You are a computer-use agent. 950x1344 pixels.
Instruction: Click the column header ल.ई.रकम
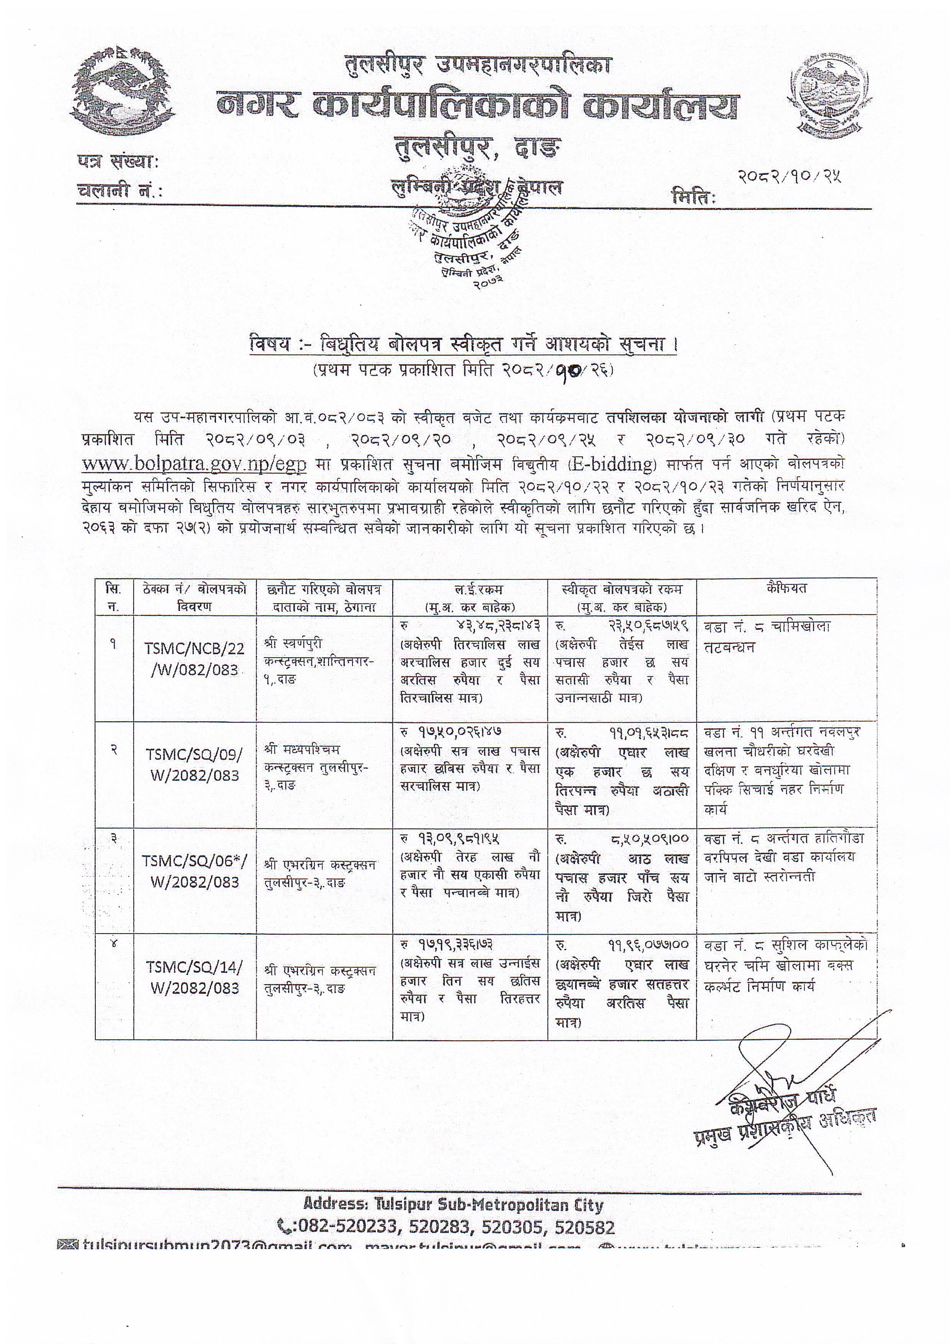(x=470, y=589)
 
